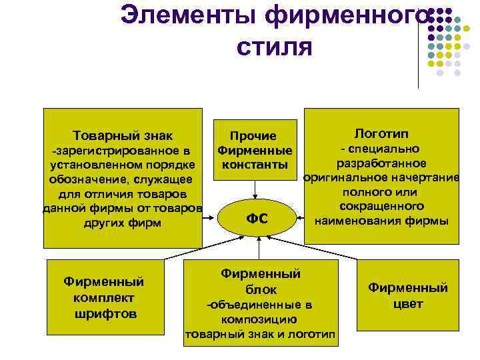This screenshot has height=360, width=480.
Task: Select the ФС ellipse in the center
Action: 257,217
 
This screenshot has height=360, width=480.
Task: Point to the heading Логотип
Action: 382,133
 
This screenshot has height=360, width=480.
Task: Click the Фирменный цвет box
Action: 408,296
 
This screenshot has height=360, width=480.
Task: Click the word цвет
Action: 408,304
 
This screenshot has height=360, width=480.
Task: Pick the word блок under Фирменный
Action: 261,289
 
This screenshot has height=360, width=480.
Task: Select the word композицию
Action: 260,319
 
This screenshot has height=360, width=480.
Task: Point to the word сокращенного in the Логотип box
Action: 382,206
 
